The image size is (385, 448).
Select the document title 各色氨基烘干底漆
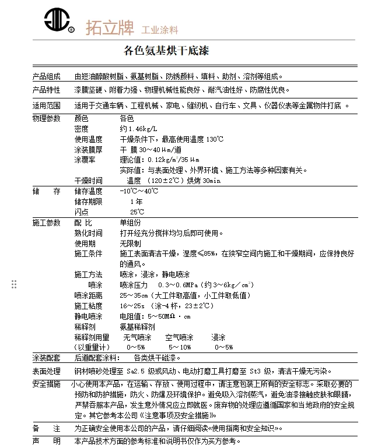166,51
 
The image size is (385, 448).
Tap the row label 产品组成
46,76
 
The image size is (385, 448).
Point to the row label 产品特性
46,90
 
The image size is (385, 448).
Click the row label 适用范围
46,106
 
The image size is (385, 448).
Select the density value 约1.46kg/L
138,129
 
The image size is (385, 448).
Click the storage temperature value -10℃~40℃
139,191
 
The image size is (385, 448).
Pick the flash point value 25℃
136,212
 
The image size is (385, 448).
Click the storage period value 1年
136,202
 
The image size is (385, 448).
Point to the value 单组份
130,223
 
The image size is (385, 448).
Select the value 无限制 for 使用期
130,244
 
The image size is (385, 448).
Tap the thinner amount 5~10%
179,347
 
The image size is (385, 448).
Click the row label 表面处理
46,371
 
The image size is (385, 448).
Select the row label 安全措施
46,384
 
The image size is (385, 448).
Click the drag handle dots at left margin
14,284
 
